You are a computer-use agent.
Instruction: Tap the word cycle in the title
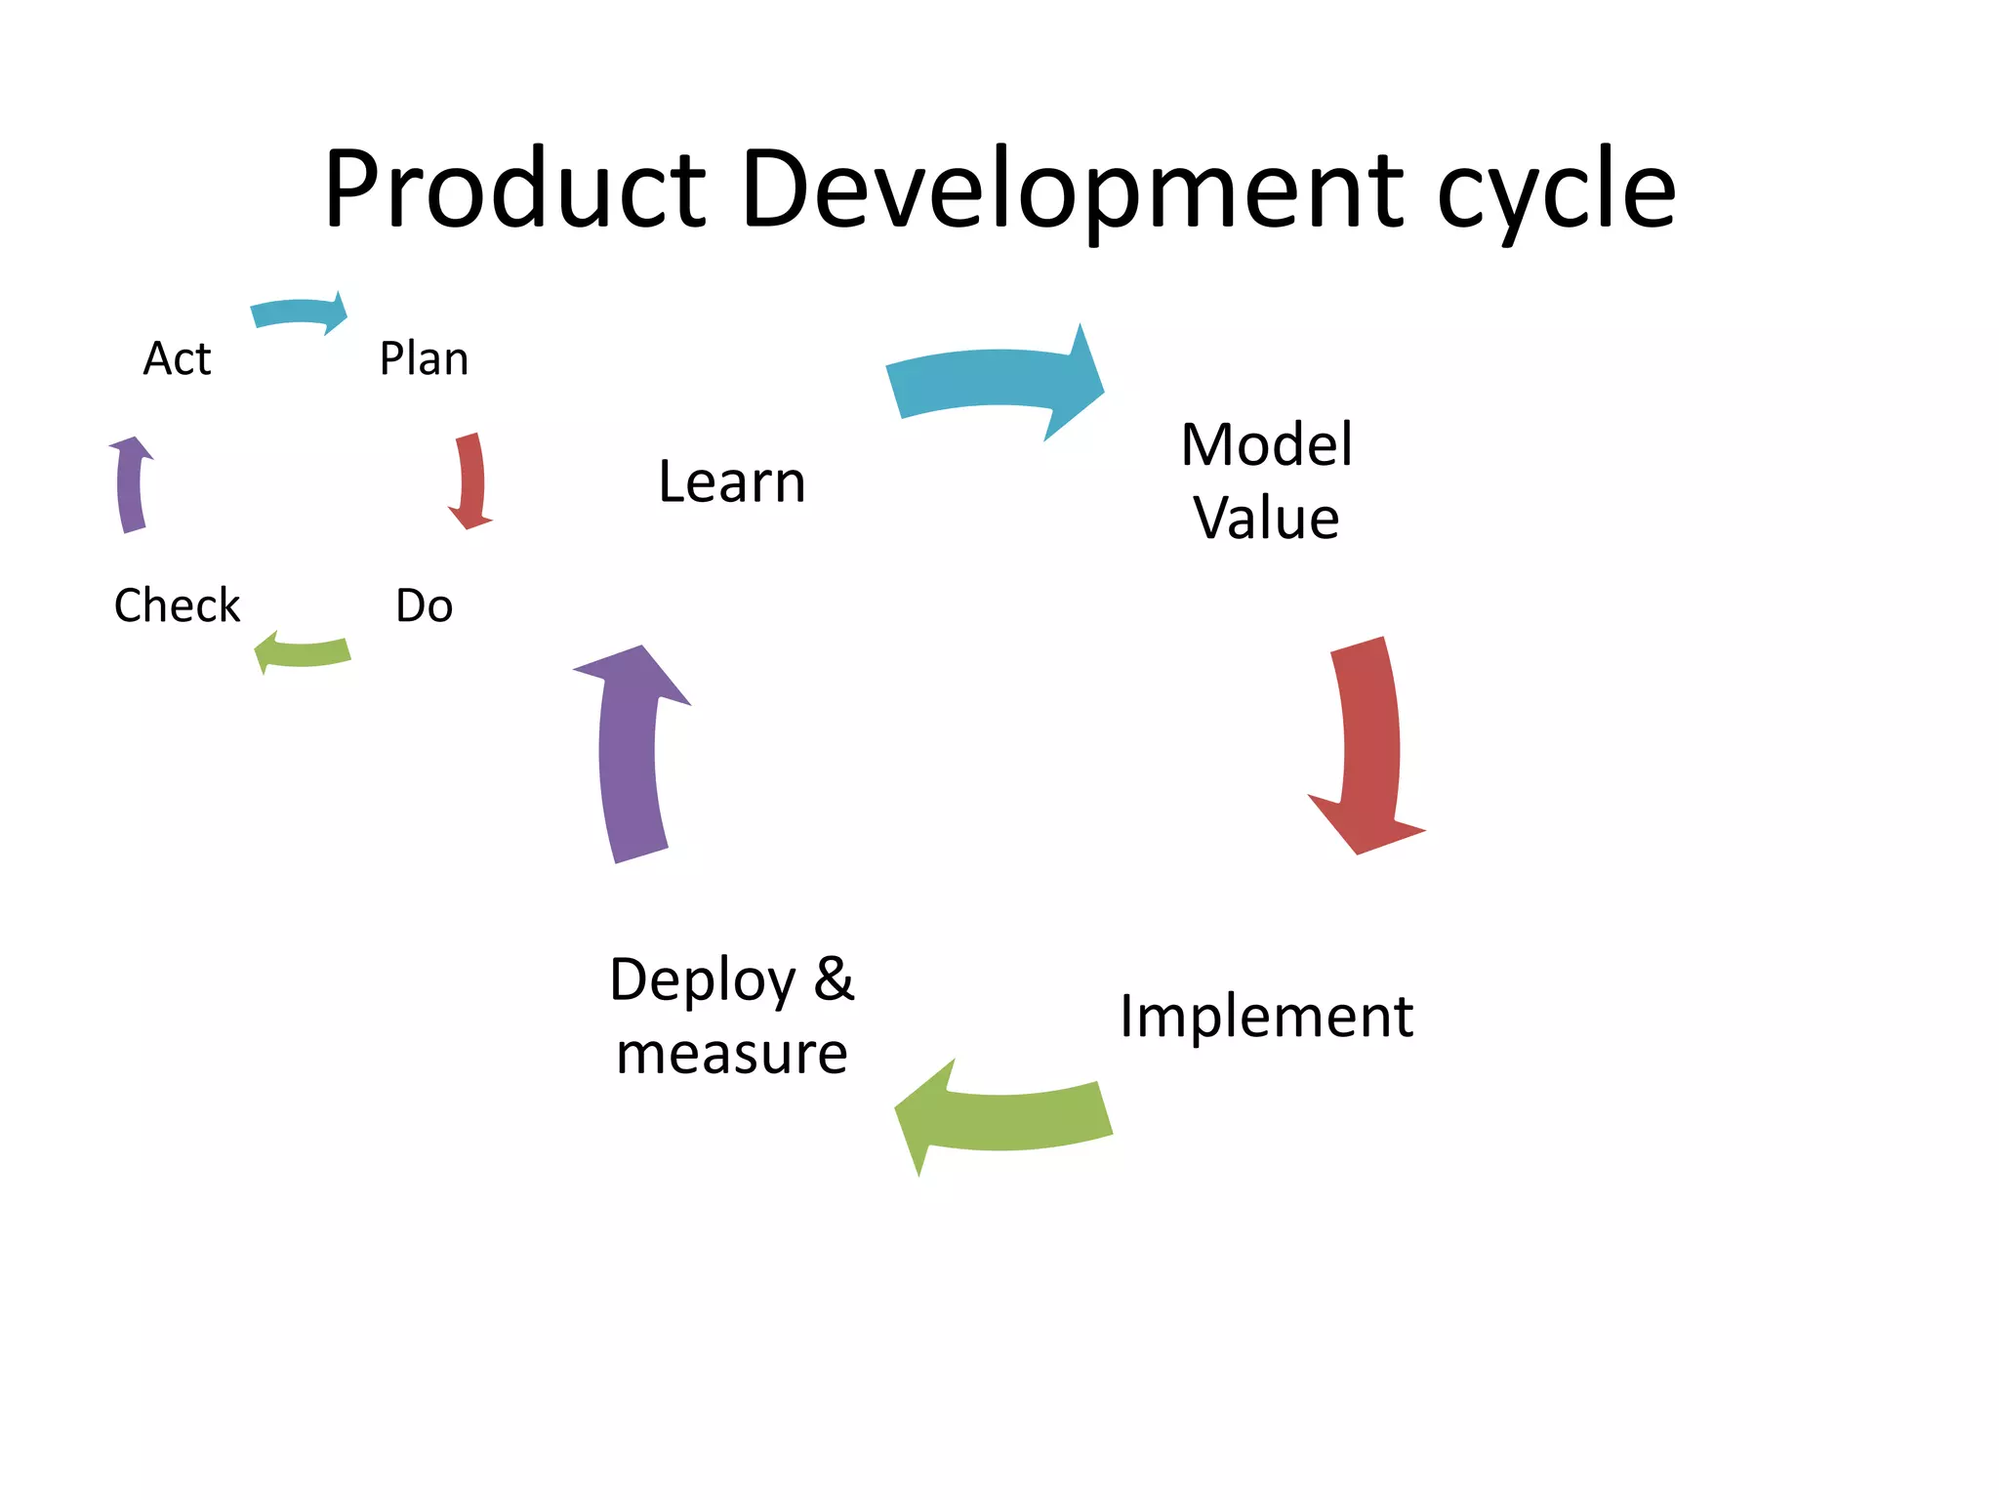pyautogui.click(x=1556, y=190)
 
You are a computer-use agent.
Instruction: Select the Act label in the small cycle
pyautogui.click(x=177, y=358)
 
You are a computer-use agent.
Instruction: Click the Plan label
pyautogui.click(x=424, y=358)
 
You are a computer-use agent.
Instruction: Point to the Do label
pyautogui.click(x=424, y=605)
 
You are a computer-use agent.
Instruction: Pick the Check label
pyautogui.click(x=177, y=605)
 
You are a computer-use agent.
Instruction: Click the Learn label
pyautogui.click(x=732, y=481)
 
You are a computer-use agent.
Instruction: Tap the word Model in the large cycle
pyautogui.click(x=1266, y=444)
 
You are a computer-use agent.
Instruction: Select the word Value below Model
pyautogui.click(x=1266, y=518)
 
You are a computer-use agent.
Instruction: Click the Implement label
pyautogui.click(x=1266, y=1016)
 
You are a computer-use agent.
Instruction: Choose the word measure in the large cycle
pyautogui.click(x=732, y=1054)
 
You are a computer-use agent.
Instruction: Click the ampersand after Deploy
pyautogui.click(x=834, y=979)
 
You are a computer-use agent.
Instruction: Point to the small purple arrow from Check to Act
pyautogui.click(x=131, y=484)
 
